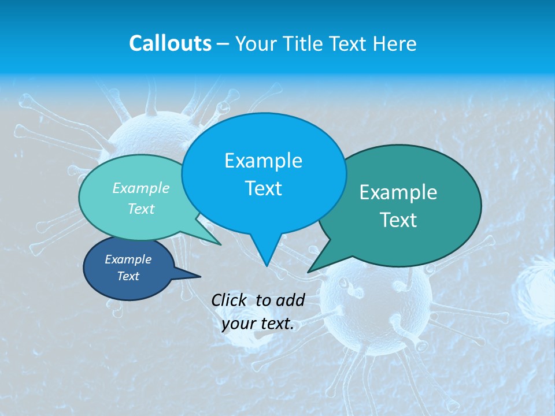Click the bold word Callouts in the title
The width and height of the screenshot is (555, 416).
pyautogui.click(x=170, y=43)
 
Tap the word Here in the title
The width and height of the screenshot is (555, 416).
pyautogui.click(x=395, y=43)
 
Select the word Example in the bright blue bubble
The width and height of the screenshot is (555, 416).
pyautogui.click(x=263, y=161)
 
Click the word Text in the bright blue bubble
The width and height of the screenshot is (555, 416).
pyautogui.click(x=263, y=188)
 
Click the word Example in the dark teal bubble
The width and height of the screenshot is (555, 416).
pyautogui.click(x=398, y=192)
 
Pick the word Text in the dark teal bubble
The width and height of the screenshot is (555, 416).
pyautogui.click(x=398, y=220)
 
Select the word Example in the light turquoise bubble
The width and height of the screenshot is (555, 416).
pyautogui.click(x=141, y=188)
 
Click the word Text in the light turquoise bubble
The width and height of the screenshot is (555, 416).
pyautogui.click(x=141, y=209)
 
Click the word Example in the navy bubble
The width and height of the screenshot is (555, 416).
pyautogui.click(x=128, y=259)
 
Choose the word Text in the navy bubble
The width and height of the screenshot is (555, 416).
pyautogui.click(x=128, y=276)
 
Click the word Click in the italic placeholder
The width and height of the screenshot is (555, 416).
pyautogui.click(x=230, y=300)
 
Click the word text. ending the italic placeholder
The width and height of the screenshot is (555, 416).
pyautogui.click(x=277, y=324)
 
